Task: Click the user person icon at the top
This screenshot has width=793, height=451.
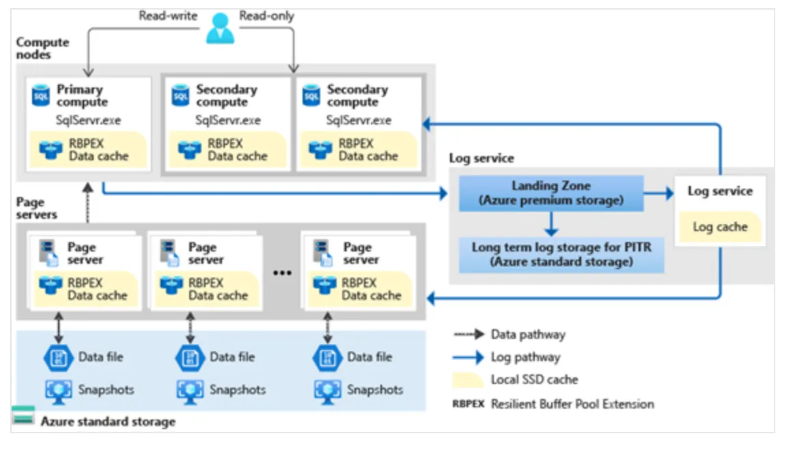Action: point(220,28)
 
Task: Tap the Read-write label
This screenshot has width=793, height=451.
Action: point(168,16)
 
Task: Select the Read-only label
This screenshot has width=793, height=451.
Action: point(266,16)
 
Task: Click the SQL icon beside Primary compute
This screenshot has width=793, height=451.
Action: point(41,95)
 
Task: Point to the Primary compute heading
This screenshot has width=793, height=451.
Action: point(82,96)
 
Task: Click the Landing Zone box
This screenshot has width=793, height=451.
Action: point(551,193)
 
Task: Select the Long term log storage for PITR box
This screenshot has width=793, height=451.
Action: point(561,255)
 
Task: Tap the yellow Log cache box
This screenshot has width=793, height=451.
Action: point(720,227)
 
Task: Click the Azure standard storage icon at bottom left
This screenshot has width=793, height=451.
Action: point(23,415)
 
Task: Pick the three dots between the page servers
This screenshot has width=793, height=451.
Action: point(282,273)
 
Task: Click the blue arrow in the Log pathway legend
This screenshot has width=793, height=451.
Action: point(469,357)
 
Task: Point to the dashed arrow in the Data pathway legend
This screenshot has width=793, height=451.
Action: point(469,334)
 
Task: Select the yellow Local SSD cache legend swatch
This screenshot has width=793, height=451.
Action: point(468,380)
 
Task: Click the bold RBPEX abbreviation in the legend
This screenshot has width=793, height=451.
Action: point(469,404)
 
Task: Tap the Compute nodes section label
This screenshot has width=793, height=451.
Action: point(42,48)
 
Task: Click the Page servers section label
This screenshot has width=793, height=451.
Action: point(36,208)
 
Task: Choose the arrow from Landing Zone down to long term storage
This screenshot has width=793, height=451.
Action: point(551,223)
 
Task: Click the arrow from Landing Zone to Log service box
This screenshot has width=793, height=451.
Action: point(659,193)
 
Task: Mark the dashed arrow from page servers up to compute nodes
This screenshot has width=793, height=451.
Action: point(88,202)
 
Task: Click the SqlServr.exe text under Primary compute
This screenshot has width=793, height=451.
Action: point(88,120)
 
